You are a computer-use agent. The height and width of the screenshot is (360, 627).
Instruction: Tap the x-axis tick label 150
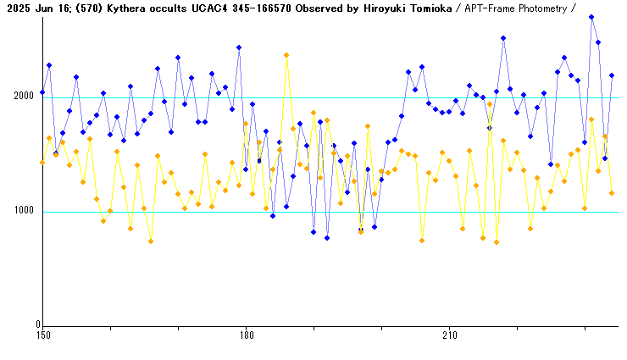point(42,336)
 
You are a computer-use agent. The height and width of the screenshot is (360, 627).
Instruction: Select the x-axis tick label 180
point(246,336)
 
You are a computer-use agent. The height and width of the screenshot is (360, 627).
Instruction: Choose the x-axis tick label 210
point(449,336)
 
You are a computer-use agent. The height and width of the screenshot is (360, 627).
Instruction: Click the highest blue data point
point(591,17)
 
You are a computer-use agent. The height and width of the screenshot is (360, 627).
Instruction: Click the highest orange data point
point(286,55)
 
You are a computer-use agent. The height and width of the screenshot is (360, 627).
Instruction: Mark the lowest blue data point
point(327,238)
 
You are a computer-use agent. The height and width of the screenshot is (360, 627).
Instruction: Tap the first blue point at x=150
point(42,92)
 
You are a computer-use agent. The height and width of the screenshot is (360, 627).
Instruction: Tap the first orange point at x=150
point(42,163)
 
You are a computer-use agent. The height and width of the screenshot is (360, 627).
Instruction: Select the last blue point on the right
point(612,75)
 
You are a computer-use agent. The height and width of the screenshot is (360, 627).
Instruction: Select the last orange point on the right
point(612,193)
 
